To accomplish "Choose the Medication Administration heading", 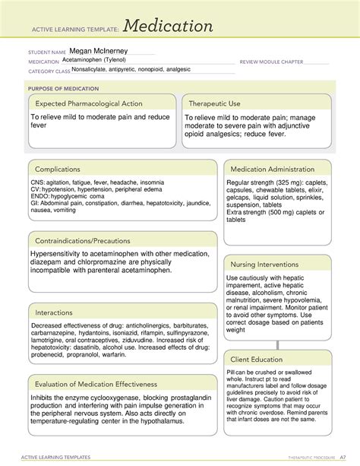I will (x=275, y=169).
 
